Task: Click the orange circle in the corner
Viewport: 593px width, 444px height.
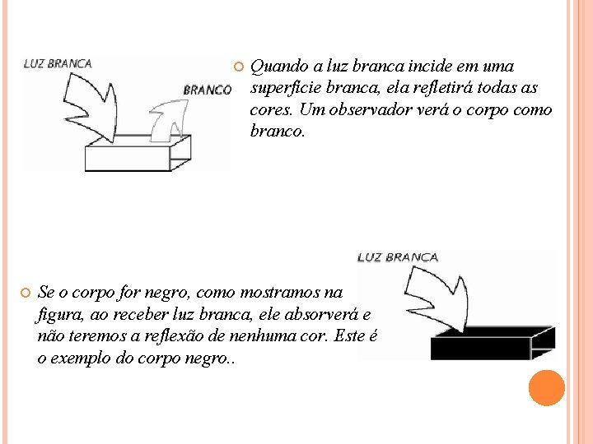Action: pyautogui.click(x=547, y=388)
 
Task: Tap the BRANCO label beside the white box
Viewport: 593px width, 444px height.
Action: pyautogui.click(x=207, y=90)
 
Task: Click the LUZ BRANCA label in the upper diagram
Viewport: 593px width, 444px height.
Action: pyautogui.click(x=58, y=63)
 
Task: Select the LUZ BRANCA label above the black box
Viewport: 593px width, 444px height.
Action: pyautogui.click(x=398, y=257)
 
